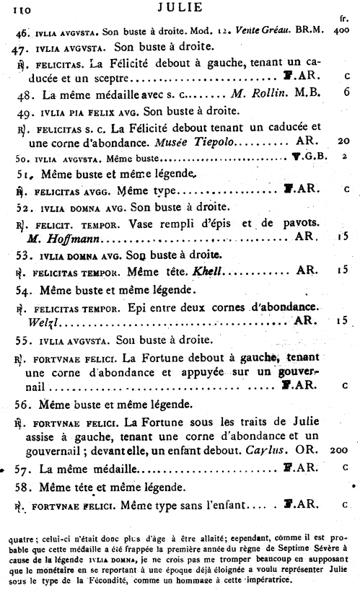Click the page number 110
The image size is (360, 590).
coord(15,8)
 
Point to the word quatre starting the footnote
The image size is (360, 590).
coord(19,535)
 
